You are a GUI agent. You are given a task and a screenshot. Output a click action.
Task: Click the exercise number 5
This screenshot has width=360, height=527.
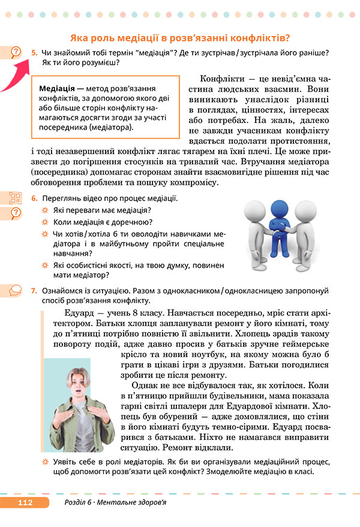(34, 53)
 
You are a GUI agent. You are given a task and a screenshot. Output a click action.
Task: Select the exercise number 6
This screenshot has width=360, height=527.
(34, 199)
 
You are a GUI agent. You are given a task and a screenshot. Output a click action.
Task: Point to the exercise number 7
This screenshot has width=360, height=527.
(34, 291)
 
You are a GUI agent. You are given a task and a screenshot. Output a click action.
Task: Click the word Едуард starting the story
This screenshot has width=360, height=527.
(79, 313)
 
